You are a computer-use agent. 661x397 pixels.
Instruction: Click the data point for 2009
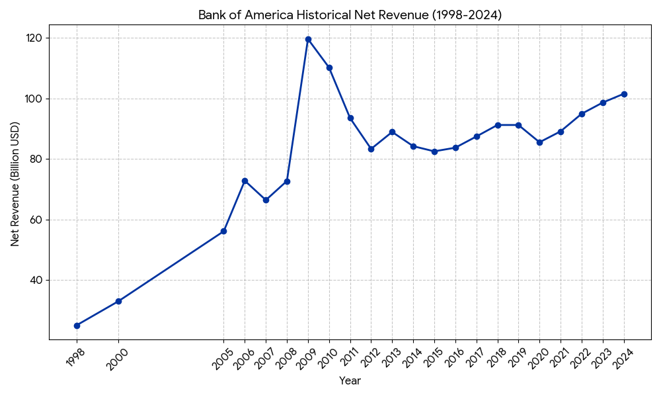pos(308,39)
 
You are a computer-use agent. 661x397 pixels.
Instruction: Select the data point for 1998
pos(77,326)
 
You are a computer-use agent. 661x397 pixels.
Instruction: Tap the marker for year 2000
pos(118,301)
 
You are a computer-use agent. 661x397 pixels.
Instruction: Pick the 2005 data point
pos(223,231)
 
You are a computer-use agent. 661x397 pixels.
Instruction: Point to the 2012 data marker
pos(371,149)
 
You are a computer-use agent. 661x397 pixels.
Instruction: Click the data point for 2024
pos(624,94)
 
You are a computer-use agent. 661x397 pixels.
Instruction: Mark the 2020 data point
pos(539,142)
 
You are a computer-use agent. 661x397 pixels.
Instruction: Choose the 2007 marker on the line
pos(266,200)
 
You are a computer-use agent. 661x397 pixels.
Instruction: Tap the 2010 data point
pos(329,67)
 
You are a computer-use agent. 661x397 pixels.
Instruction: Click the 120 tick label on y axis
pos(34,38)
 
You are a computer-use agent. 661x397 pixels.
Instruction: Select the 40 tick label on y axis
pos(36,281)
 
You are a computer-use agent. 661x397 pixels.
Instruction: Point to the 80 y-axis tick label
pos(36,159)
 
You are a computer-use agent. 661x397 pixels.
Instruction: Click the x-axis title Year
pos(350,381)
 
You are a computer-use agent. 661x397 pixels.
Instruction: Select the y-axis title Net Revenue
pos(15,184)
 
